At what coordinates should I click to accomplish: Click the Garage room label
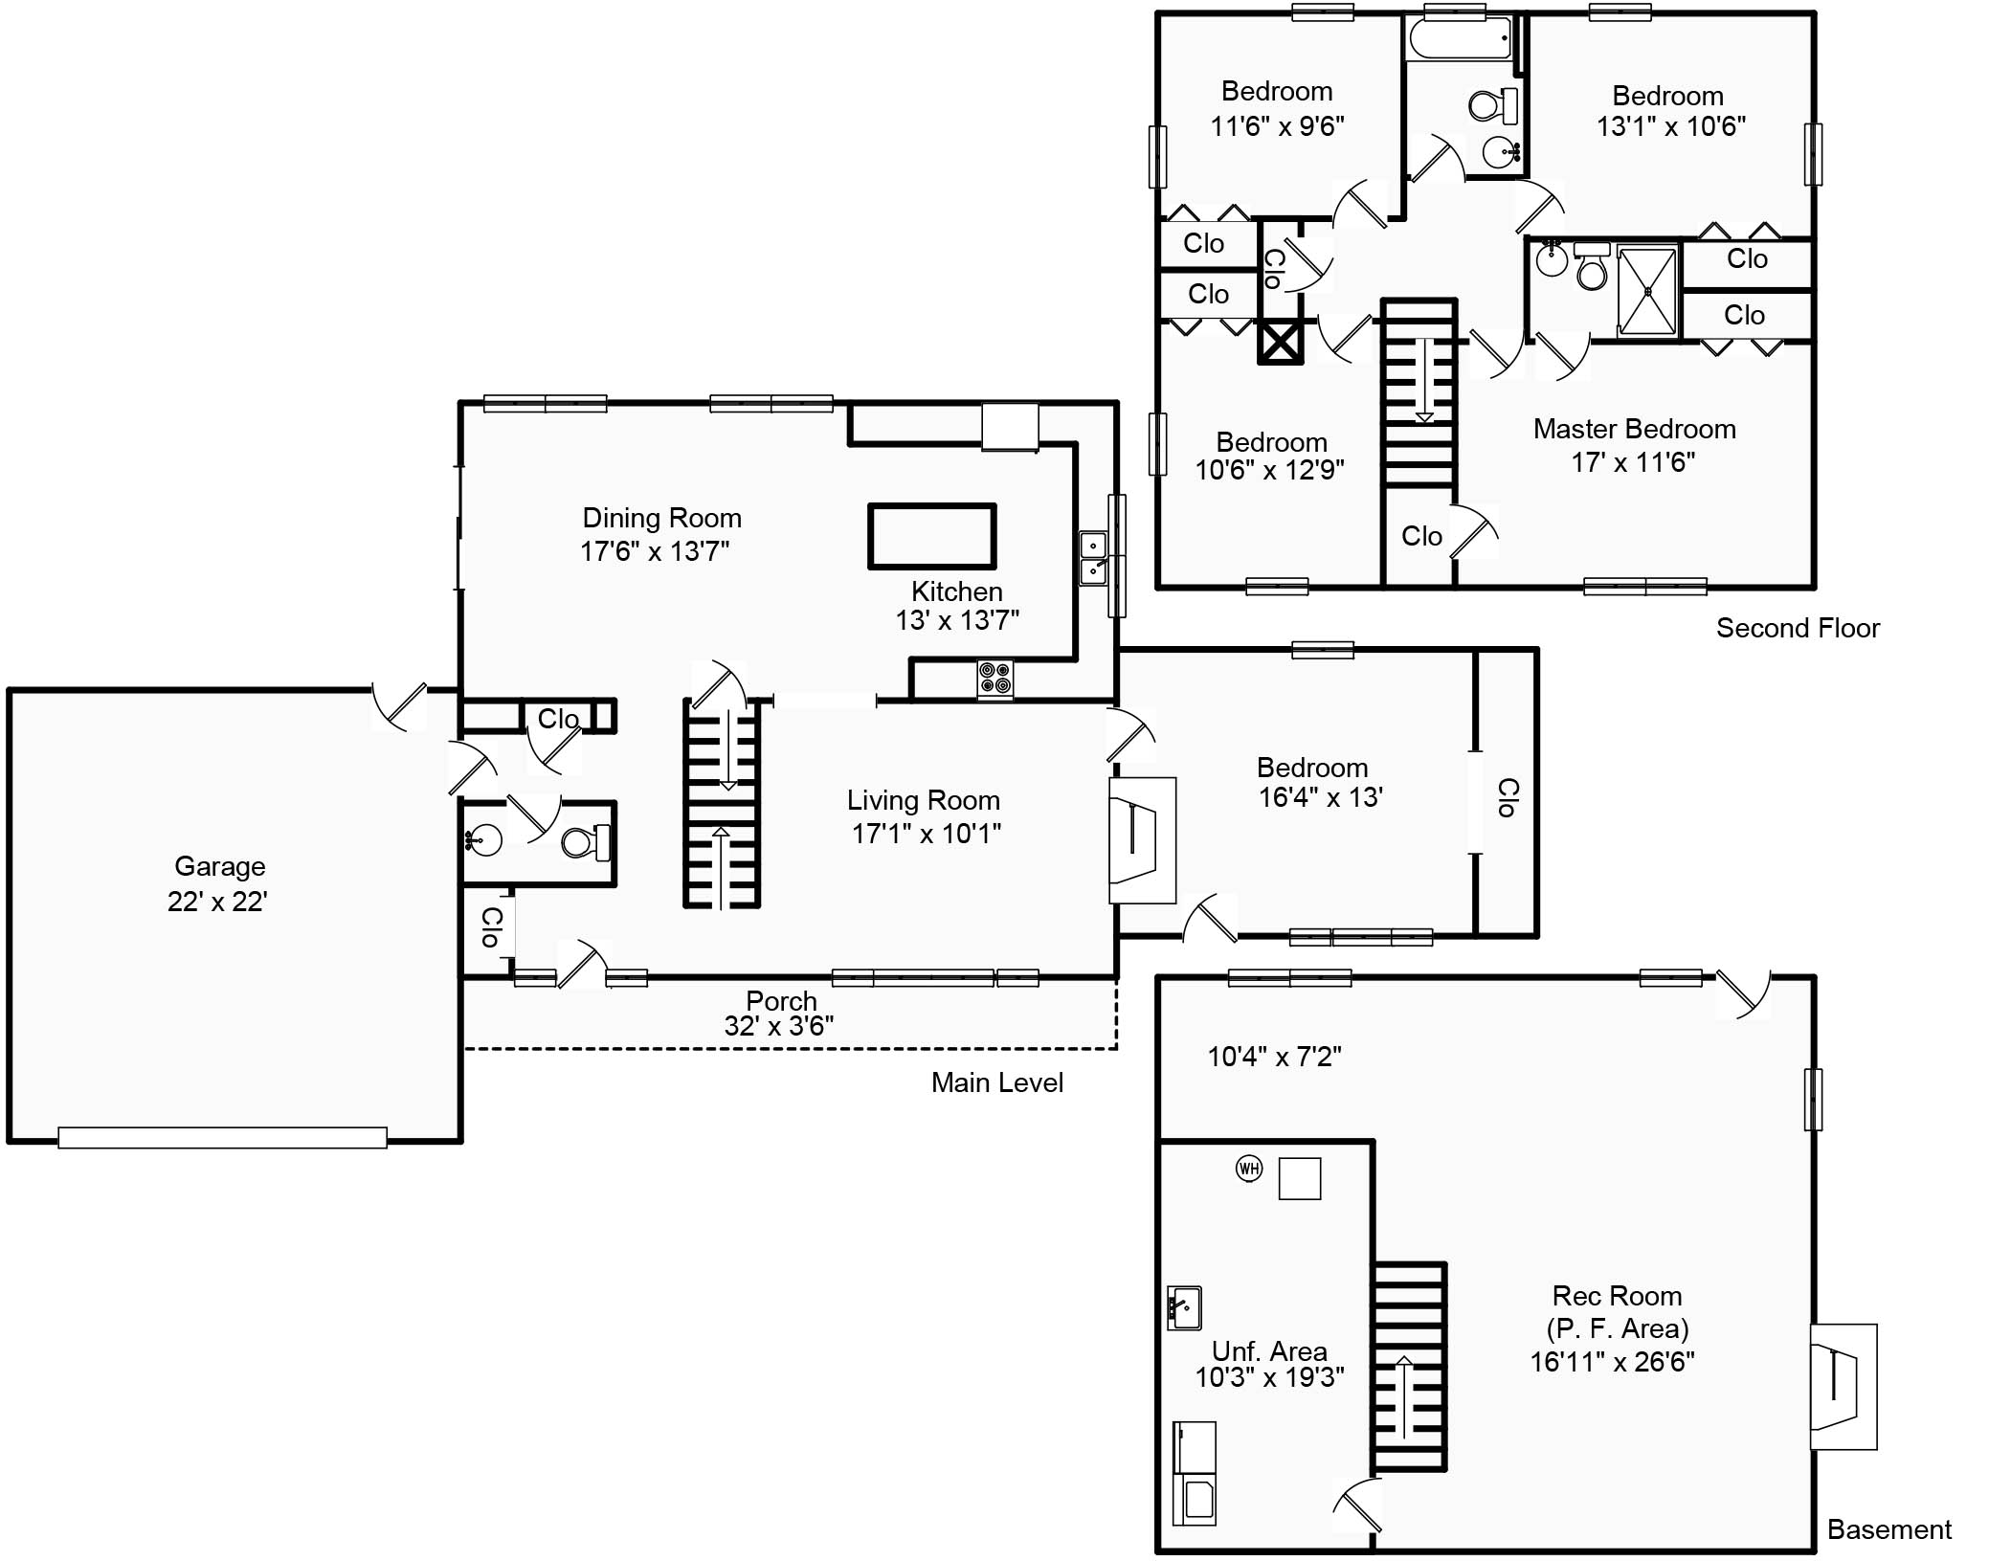219,866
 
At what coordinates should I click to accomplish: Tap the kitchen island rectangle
931,537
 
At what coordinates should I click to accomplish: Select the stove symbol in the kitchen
994,679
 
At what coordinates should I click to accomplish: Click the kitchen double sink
1093,559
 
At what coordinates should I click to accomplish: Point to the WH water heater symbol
1248,1168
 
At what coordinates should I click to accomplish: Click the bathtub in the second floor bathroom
1460,39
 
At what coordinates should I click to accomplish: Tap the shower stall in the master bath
1646,291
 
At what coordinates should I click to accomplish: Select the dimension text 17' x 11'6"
1632,462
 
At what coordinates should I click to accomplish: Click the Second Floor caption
1797,628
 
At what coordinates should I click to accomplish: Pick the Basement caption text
1888,1529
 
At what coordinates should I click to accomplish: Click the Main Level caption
996,1082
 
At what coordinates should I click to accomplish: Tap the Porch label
781,1001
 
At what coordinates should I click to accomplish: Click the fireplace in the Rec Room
1843,1386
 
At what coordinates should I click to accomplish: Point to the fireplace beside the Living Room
1141,839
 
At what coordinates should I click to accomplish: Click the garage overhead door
222,1137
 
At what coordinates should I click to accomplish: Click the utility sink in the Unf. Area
1184,1307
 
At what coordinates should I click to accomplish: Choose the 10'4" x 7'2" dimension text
1273,1057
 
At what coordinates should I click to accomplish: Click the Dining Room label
661,518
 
